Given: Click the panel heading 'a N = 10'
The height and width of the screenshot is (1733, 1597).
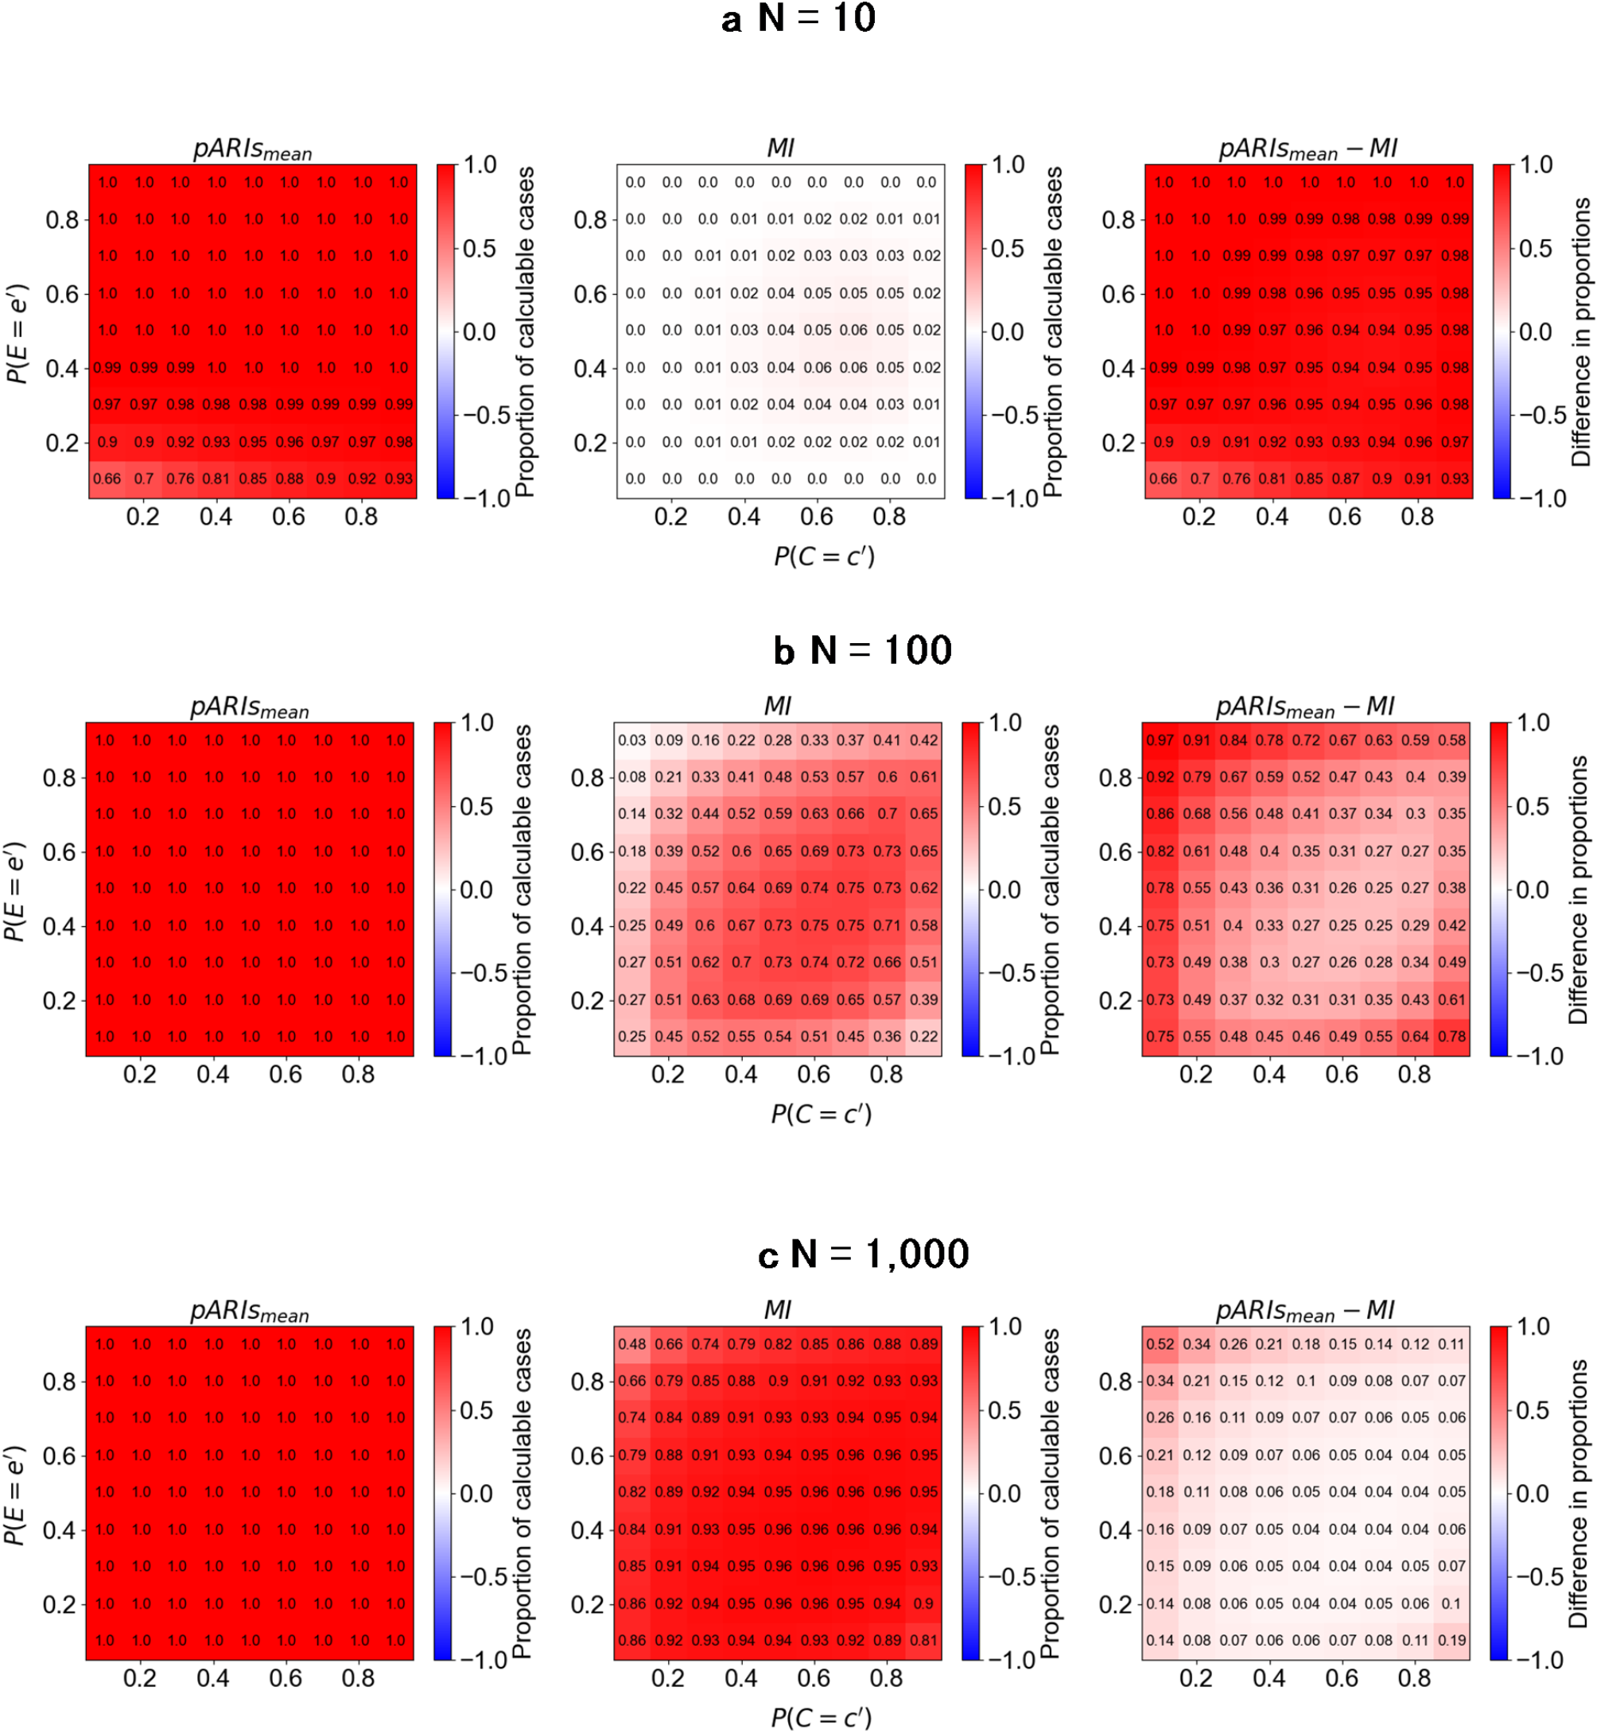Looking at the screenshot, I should [798, 19].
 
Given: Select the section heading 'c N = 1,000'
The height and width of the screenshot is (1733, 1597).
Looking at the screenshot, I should [862, 1254].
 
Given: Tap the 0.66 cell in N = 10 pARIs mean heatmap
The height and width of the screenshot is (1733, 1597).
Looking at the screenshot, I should [107, 479].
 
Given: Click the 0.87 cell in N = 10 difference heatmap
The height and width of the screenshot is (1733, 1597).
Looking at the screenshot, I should [1346, 479].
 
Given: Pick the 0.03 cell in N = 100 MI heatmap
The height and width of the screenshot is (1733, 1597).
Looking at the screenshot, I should [631, 740].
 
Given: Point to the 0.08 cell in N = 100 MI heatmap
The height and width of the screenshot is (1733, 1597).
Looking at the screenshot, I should [631, 777].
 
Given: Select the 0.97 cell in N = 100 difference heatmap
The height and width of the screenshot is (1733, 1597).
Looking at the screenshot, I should [1160, 740].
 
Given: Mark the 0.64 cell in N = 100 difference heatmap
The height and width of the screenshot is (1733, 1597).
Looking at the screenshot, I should [1415, 1036].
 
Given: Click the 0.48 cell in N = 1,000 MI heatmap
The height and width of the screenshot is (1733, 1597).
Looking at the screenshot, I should [631, 1344].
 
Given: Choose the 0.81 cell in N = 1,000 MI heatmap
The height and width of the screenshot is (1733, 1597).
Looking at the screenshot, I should [924, 1640].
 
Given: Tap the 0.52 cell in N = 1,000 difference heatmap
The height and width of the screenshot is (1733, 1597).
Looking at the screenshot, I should [1160, 1344].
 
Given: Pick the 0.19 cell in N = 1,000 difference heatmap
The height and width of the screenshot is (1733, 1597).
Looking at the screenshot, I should [1451, 1640].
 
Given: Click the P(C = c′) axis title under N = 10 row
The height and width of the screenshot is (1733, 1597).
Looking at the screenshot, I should [824, 556].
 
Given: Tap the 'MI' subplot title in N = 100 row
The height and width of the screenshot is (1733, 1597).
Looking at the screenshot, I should [777, 706].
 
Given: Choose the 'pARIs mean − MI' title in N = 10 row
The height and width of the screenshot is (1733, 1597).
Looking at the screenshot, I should [1308, 149].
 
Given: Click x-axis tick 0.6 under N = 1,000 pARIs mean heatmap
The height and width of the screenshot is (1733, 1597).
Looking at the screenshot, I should [286, 1677].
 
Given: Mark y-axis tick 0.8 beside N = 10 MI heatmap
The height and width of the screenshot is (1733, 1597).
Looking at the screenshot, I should [591, 219].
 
